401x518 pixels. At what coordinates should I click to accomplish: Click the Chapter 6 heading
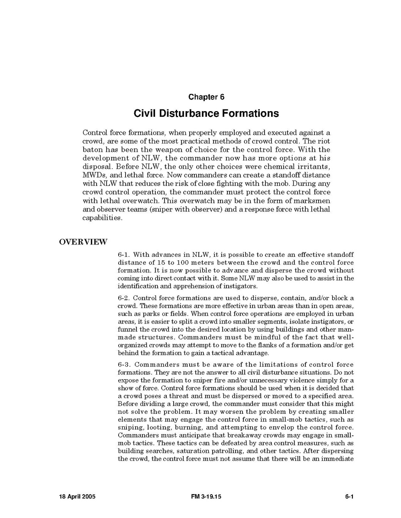[x=206, y=97]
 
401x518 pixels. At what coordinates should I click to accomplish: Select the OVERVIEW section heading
[x=83, y=242]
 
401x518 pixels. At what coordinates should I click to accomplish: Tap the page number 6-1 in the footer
[x=349, y=497]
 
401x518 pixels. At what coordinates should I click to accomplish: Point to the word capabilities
[x=102, y=218]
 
